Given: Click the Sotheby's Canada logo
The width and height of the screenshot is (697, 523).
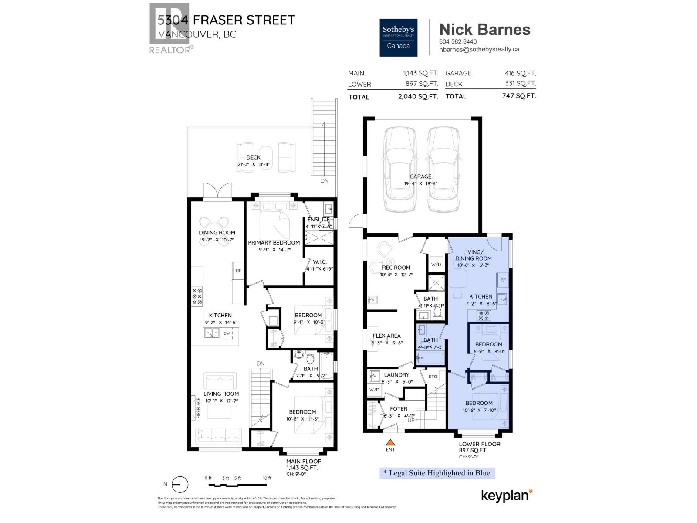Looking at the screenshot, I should tap(398, 37).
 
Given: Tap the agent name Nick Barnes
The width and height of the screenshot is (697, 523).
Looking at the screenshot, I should tap(484, 29).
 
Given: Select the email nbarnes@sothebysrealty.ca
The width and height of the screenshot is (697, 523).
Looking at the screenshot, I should tap(479, 50).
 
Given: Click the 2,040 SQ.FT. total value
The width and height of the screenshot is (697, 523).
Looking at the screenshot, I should tap(418, 97).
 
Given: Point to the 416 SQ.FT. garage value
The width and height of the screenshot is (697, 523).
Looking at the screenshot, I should tap(520, 73).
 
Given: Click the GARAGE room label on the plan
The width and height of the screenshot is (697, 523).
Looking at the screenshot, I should tap(420, 177).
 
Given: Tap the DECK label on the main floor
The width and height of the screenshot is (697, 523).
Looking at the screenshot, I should tap(254, 157).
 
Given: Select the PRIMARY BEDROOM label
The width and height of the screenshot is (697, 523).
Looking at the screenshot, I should tap(274, 242).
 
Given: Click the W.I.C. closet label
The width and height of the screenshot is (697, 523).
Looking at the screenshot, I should tap(319, 262).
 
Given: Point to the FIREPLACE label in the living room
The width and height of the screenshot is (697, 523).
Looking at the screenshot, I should tap(198, 408).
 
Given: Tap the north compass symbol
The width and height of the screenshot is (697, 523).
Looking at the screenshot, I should tap(179, 485).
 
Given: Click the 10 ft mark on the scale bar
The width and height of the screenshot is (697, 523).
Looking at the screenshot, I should tap(267, 478).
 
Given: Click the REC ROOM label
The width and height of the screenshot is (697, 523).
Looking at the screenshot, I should tap(396, 268).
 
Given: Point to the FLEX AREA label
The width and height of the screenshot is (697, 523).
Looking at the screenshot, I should tap(386, 336).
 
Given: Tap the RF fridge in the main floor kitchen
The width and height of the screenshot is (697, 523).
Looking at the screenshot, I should tap(238, 271).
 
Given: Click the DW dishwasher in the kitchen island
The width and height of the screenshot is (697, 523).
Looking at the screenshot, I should tap(227, 333).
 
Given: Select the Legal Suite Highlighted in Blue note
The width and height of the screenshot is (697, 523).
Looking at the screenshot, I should tap(437, 473).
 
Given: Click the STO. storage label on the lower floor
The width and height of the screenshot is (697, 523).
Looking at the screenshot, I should tap(433, 377).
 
